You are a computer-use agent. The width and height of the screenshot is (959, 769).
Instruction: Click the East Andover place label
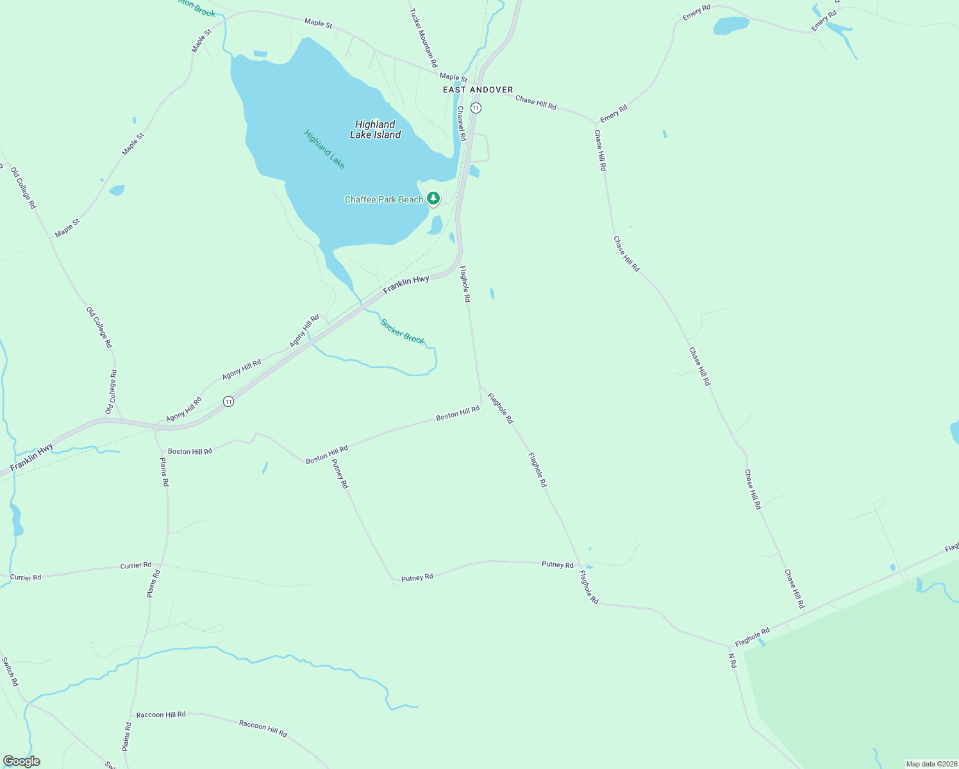click(x=478, y=90)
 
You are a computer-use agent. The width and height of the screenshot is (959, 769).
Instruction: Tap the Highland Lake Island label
click(x=375, y=129)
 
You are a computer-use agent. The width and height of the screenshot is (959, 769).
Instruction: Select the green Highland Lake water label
click(x=324, y=149)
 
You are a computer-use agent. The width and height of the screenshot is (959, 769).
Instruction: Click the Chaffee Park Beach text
click(x=383, y=199)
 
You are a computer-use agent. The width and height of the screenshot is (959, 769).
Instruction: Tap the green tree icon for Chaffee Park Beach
click(x=433, y=199)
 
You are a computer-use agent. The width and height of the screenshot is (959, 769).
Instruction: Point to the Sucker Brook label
click(x=403, y=331)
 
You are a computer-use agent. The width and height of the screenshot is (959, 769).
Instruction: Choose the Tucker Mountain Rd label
click(x=423, y=38)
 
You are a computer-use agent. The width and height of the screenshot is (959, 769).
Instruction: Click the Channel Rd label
click(x=461, y=124)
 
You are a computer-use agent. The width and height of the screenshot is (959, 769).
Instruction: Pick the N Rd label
click(x=733, y=661)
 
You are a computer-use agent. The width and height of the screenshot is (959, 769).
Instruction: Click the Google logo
click(x=21, y=761)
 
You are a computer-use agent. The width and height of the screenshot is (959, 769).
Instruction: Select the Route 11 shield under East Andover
click(x=476, y=108)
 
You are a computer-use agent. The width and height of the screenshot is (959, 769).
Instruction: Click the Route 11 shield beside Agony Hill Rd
click(x=228, y=401)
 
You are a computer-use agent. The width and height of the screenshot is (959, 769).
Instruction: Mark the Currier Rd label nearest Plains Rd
click(x=136, y=565)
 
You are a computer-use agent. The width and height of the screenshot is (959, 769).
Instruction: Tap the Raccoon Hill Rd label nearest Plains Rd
click(x=161, y=715)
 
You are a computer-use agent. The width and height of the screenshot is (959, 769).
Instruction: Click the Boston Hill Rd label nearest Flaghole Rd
click(x=458, y=413)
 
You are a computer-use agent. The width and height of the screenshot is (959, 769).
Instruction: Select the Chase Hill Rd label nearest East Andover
click(x=536, y=103)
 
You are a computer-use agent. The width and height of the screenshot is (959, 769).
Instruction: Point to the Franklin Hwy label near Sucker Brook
click(x=406, y=284)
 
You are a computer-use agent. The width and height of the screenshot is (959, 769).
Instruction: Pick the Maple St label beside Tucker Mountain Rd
click(x=453, y=78)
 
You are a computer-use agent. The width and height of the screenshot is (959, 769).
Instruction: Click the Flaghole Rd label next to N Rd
click(x=752, y=637)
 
